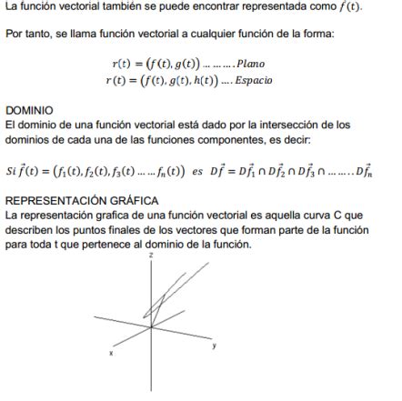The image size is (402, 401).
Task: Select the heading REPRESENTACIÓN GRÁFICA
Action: click(x=82, y=200)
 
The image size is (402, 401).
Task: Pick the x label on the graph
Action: click(x=111, y=353)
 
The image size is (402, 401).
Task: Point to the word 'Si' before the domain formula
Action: click(x=11, y=169)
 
